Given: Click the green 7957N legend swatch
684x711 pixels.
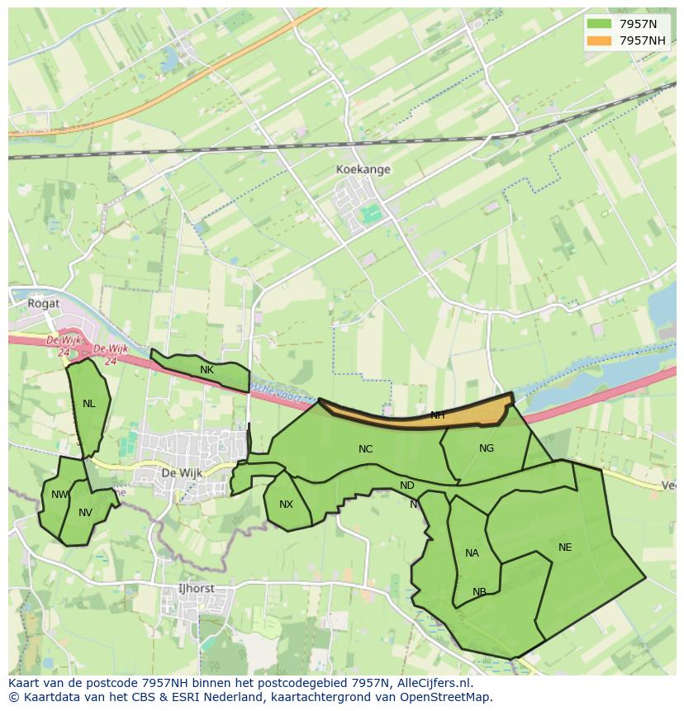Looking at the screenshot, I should coord(600,25).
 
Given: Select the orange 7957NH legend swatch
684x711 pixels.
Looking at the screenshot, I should coord(600,40).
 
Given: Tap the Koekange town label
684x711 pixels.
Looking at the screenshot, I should coord(363,169).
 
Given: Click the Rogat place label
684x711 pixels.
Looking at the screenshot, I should coord(44,303).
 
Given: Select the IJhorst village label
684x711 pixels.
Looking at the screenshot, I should coord(197,589).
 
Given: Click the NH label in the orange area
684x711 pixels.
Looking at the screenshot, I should coord(438,415).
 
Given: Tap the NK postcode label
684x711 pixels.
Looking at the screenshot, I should coord(207,370).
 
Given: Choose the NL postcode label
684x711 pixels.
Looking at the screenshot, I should coord(88,404).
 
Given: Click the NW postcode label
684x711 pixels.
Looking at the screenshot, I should coord(59,495).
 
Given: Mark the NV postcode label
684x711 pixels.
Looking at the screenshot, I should coord(85,513).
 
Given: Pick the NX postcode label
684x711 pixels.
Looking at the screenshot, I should coord(286,505).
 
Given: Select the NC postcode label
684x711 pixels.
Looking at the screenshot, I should coord(365,449).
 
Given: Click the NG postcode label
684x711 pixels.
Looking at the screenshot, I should coord(487,448).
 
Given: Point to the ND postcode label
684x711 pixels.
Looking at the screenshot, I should coord(407,486).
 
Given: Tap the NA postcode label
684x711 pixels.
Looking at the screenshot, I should coord(472,553).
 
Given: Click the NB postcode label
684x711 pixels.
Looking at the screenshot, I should coord(479,592).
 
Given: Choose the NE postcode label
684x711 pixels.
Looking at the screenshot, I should coord(565,547).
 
